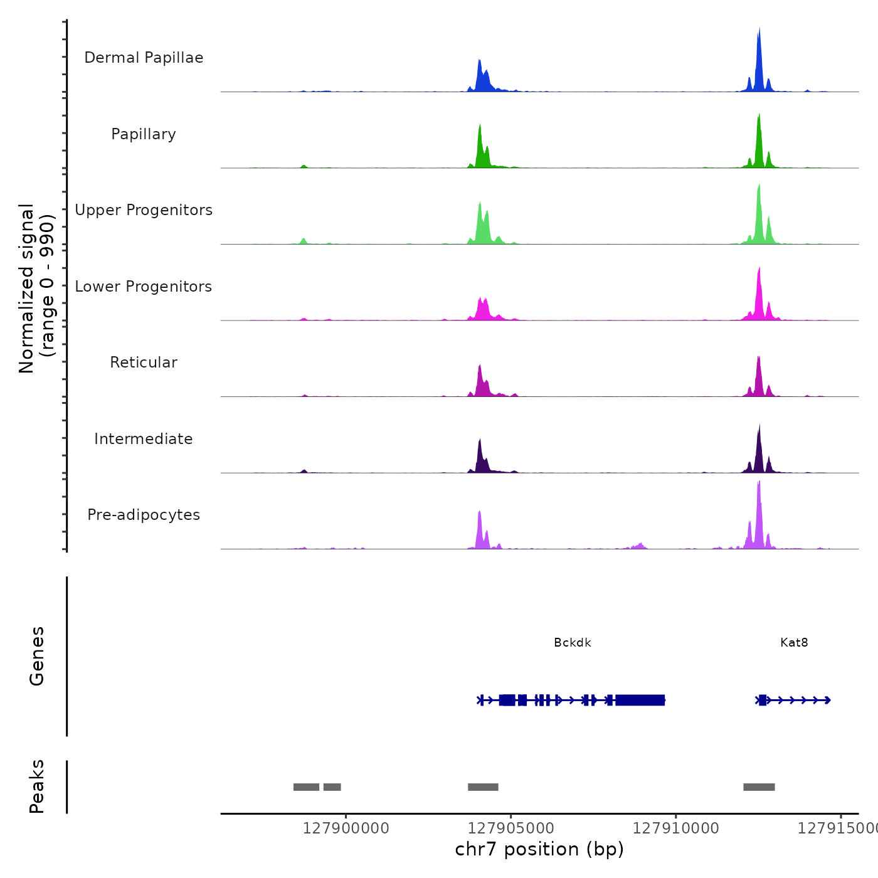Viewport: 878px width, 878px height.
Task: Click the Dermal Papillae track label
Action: pyautogui.click(x=144, y=58)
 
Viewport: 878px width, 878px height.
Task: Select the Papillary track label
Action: pyautogui.click(x=144, y=134)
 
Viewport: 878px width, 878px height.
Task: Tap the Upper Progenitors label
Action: pyautogui.click(x=144, y=210)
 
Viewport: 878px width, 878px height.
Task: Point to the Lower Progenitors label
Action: pyautogui.click(x=144, y=287)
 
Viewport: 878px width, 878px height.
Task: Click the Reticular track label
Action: pyautogui.click(x=144, y=362)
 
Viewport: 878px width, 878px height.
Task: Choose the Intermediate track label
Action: pyautogui.click(x=144, y=439)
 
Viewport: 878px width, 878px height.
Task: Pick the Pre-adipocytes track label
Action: pyautogui.click(x=144, y=515)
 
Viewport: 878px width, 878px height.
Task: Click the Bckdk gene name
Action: pyautogui.click(x=572, y=643)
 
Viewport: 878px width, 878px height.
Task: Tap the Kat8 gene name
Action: pyautogui.click(x=794, y=643)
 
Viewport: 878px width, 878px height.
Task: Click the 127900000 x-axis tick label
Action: pyautogui.click(x=346, y=828)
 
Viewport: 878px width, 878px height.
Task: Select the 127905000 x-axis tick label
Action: pyautogui.click(x=511, y=828)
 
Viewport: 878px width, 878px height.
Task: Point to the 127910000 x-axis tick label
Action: pyautogui.click(x=676, y=828)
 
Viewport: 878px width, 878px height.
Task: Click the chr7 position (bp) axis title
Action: pyautogui.click(x=539, y=849)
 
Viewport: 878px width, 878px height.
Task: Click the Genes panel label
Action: pyautogui.click(x=37, y=656)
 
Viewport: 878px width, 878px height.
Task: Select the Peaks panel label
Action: pyautogui.click(x=37, y=786)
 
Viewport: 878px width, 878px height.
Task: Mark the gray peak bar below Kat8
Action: pyautogui.click(x=759, y=787)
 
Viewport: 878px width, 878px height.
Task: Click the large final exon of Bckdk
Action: pyautogui.click(x=640, y=700)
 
